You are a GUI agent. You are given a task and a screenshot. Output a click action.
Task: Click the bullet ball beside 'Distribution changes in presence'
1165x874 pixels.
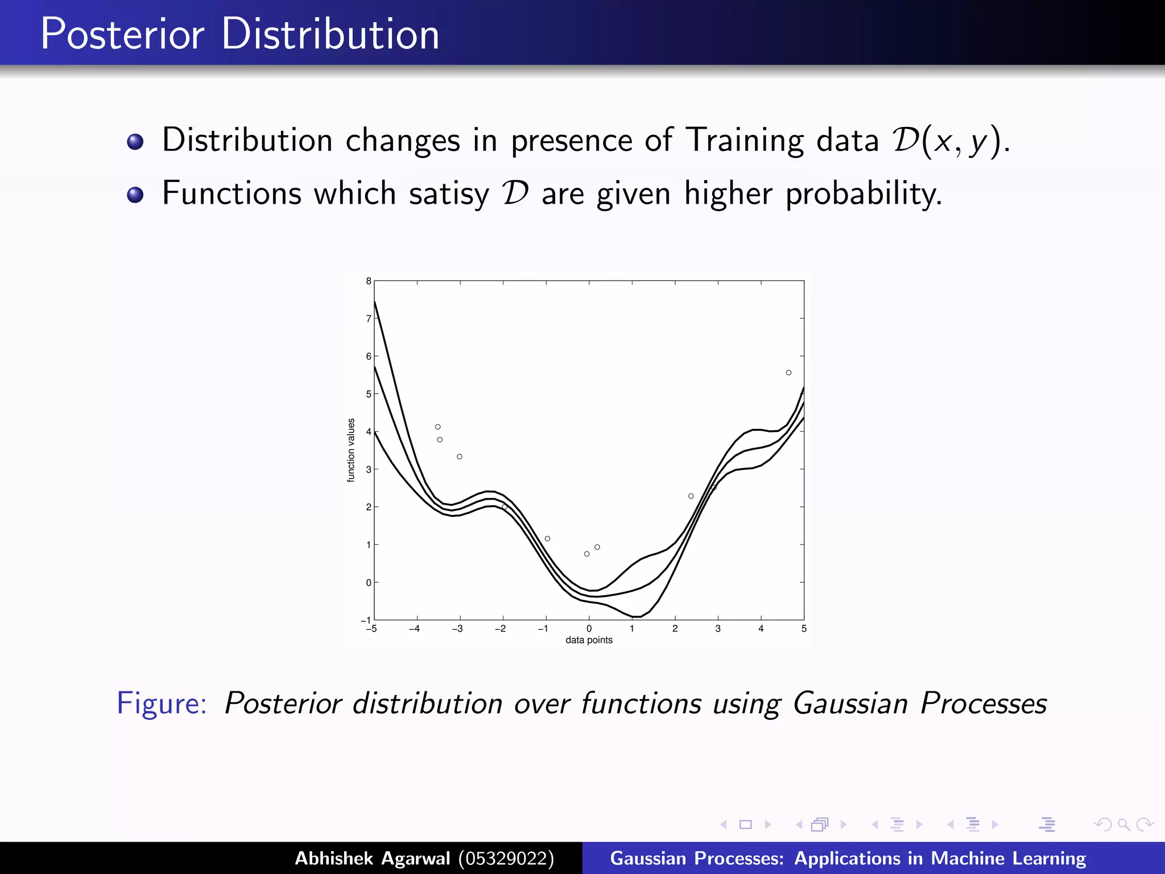135,141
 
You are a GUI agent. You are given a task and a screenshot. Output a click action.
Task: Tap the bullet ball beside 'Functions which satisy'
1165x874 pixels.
135,195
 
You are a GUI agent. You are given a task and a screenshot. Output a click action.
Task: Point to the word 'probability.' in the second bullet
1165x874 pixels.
864,195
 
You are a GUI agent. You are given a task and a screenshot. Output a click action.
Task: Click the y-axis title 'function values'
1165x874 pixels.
351,450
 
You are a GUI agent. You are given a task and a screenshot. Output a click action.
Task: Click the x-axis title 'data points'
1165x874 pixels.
589,640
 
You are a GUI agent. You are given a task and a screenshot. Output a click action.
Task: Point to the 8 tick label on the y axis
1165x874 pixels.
369,281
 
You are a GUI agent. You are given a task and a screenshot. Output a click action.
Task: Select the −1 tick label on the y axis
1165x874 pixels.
366,620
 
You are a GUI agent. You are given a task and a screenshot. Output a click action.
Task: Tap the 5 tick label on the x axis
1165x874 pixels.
804,629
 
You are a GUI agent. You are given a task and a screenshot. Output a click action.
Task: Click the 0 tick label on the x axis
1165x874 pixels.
589,629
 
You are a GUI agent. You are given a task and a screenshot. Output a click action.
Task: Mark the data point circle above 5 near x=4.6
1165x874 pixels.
788,373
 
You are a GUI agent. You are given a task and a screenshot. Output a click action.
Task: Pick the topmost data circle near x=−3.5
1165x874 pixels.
437,427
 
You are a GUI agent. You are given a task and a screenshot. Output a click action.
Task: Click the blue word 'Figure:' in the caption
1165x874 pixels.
162,703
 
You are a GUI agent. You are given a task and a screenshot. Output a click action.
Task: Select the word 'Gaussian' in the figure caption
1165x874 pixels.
850,704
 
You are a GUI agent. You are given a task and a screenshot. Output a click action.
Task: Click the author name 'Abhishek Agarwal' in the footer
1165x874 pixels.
372,858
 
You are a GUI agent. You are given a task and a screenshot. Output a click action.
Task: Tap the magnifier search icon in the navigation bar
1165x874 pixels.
1123,824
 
